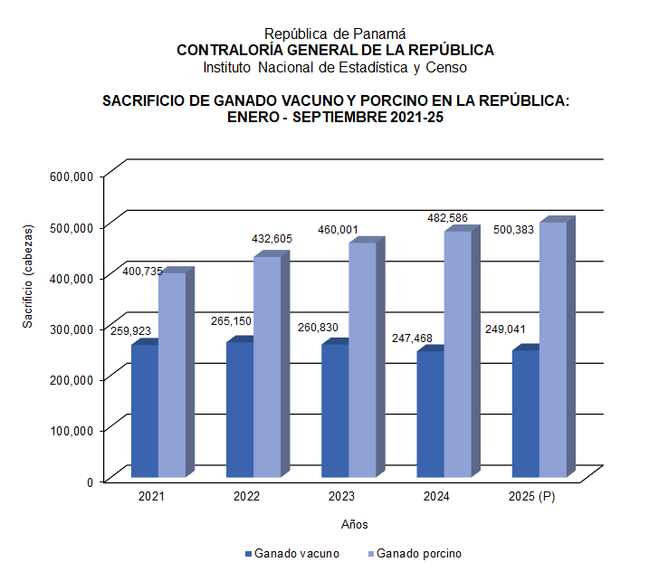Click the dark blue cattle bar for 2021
click(x=145, y=411)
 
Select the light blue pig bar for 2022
click(x=267, y=367)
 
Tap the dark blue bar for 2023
click(x=335, y=411)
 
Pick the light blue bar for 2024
click(x=457, y=354)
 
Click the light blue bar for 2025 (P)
click(x=553, y=349)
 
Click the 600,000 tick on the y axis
click(x=73, y=177)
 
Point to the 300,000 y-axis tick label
click(x=73, y=329)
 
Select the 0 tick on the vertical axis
click(x=91, y=481)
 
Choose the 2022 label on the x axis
click(x=246, y=497)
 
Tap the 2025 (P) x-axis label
click(x=531, y=497)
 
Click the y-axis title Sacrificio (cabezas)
click(x=29, y=275)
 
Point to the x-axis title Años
click(x=354, y=524)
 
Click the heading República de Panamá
click(x=335, y=33)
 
